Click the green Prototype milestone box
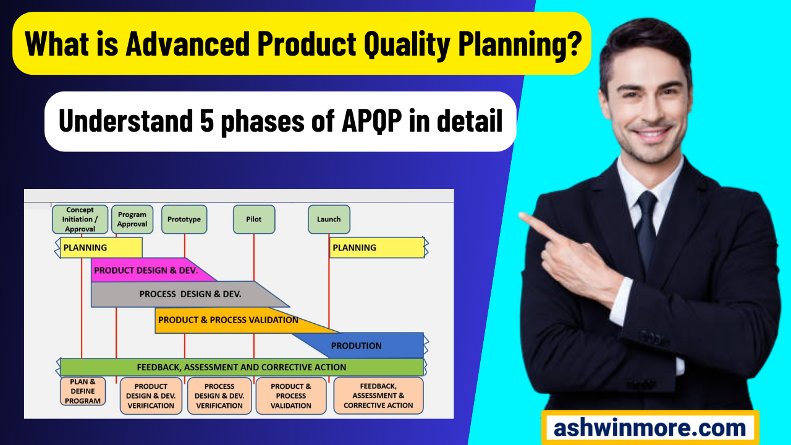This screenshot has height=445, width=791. pos(184,219)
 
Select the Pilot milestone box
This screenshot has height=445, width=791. pos(254,219)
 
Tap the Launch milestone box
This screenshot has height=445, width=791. pos(329,219)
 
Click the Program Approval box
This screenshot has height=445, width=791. pos(132,219)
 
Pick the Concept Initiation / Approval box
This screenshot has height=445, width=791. pos(80,219)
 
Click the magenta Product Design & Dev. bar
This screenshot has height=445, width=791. pos(148,270)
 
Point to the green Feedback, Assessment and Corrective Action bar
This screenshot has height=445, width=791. pos(242,367)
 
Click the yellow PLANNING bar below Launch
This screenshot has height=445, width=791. pos(377,248)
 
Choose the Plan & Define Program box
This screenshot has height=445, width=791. pos(83,391)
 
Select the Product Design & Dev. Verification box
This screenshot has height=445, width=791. pos(151,396)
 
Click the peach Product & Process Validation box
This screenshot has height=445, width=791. pos(291,396)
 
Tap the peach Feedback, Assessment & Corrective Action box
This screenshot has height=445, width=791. pos(378,396)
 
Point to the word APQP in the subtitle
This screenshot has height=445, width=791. pos(372,121)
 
